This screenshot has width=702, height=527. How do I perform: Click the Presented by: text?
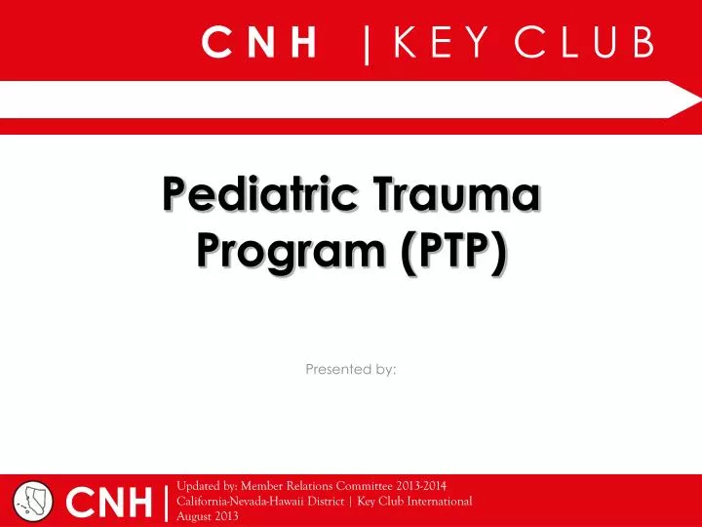pyautogui.click(x=350, y=369)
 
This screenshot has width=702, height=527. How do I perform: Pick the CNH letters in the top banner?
pyautogui.click(x=260, y=43)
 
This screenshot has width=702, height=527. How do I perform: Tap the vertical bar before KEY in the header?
pyautogui.click(x=367, y=45)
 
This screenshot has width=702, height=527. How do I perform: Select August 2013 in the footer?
pyautogui.click(x=208, y=515)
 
